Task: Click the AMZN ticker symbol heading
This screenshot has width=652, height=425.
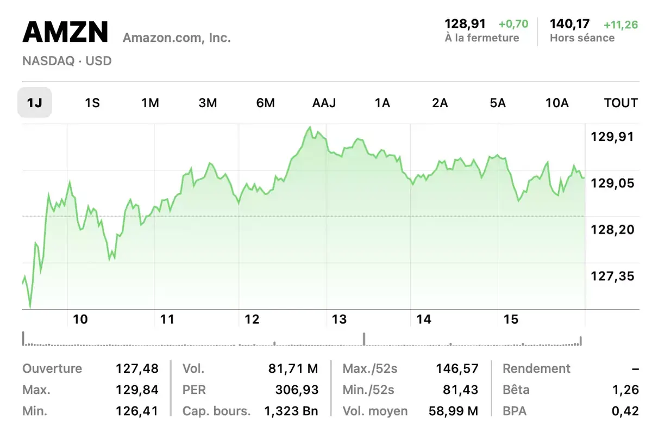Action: coord(65,33)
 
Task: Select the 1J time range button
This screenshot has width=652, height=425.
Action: coord(35,103)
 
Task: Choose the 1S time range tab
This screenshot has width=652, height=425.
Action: coord(92,103)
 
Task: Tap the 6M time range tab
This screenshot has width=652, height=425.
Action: coord(265,103)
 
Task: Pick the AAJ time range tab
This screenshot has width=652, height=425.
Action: coord(324,103)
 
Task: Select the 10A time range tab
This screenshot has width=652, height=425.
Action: coord(556,103)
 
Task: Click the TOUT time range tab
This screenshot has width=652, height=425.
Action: coord(620,103)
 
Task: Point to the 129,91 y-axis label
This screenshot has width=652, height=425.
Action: coord(612,137)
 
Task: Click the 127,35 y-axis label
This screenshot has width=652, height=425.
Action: coord(612,276)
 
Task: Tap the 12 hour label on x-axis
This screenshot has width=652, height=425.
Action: coord(252,319)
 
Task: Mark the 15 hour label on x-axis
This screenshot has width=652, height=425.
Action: coord(511,319)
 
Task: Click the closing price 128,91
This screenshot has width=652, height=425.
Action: coord(465,24)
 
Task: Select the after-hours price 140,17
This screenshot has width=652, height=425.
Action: coord(569,24)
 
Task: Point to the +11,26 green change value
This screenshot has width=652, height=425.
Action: coord(620,24)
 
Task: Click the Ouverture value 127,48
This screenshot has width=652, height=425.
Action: coord(137,368)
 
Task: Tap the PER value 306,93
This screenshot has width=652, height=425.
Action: coord(297,390)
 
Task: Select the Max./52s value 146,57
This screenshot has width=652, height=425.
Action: coord(457,368)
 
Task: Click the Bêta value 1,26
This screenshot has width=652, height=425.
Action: coord(624,390)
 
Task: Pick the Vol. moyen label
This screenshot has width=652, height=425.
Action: coord(375,411)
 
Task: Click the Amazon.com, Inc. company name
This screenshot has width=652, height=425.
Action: coord(177,38)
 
